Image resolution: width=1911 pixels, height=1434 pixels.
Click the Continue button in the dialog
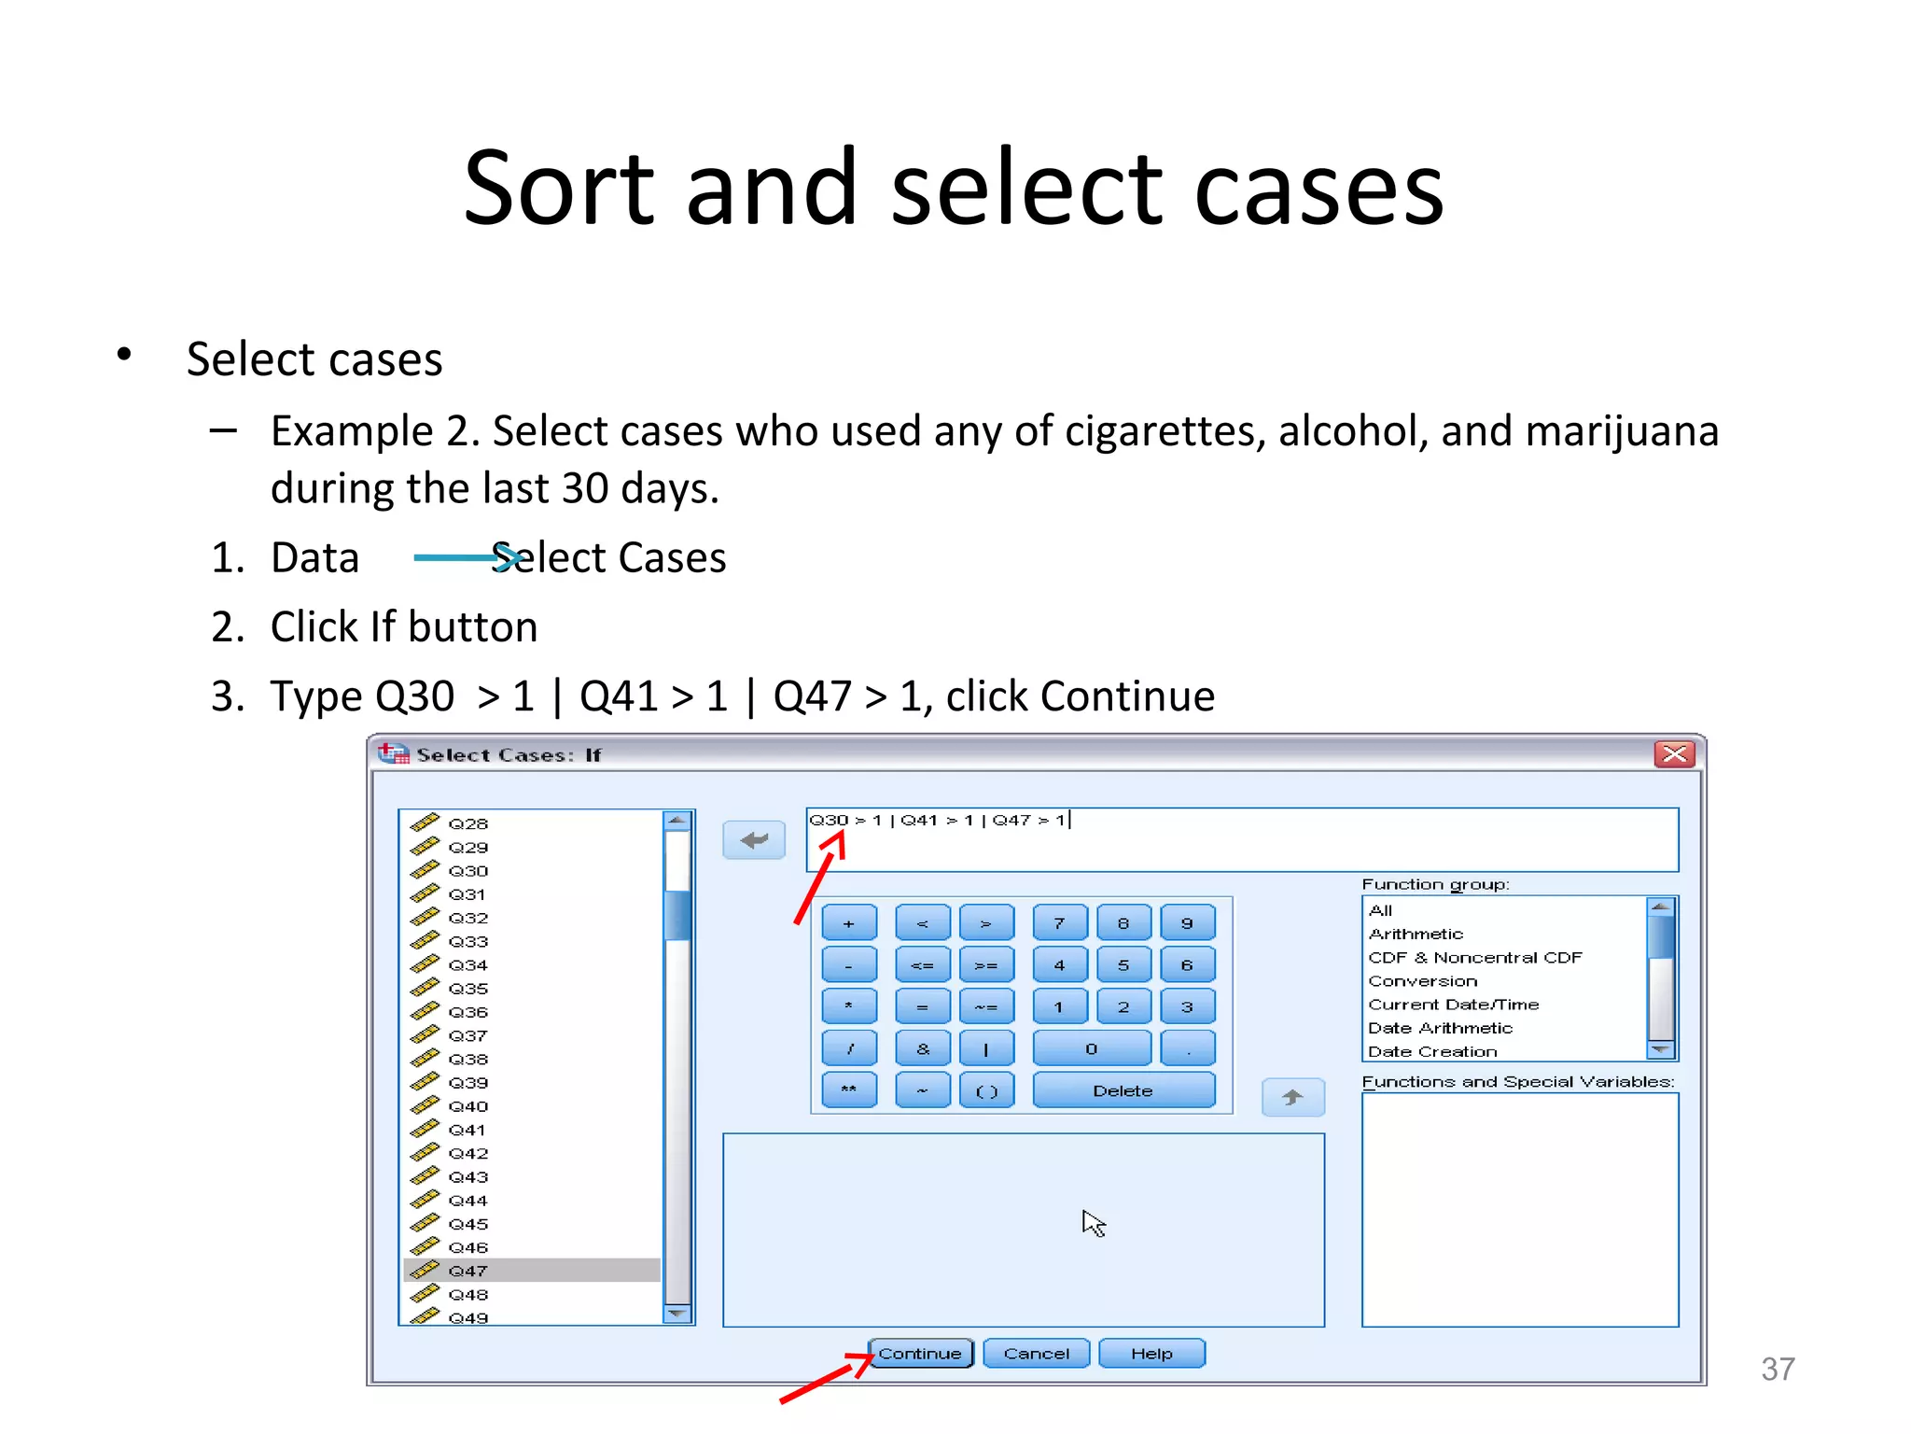[x=920, y=1353]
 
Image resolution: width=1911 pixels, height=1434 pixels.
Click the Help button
[x=1151, y=1353]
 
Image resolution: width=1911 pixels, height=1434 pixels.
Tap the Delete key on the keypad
[x=1123, y=1090]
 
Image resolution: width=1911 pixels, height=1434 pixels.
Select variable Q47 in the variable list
[x=467, y=1271]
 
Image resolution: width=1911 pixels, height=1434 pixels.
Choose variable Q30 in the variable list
[x=467, y=871]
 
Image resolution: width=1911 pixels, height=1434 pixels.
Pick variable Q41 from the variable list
[x=467, y=1130]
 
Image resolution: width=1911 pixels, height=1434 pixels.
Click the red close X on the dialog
[x=1674, y=753]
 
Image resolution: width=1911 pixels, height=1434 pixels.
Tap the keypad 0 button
[x=1091, y=1048]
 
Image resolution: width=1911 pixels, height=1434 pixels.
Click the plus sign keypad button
[x=848, y=923]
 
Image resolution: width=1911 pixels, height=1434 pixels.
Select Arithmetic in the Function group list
[x=1416, y=934]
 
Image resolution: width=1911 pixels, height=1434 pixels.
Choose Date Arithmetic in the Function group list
[x=1440, y=1028]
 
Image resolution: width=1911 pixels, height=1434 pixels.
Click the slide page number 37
[x=1778, y=1369]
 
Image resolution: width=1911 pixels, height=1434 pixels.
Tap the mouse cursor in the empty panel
[x=1094, y=1223]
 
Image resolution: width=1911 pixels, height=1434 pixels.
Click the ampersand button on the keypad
[x=922, y=1048]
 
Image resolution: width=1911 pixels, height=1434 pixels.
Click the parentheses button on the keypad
[x=986, y=1090]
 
